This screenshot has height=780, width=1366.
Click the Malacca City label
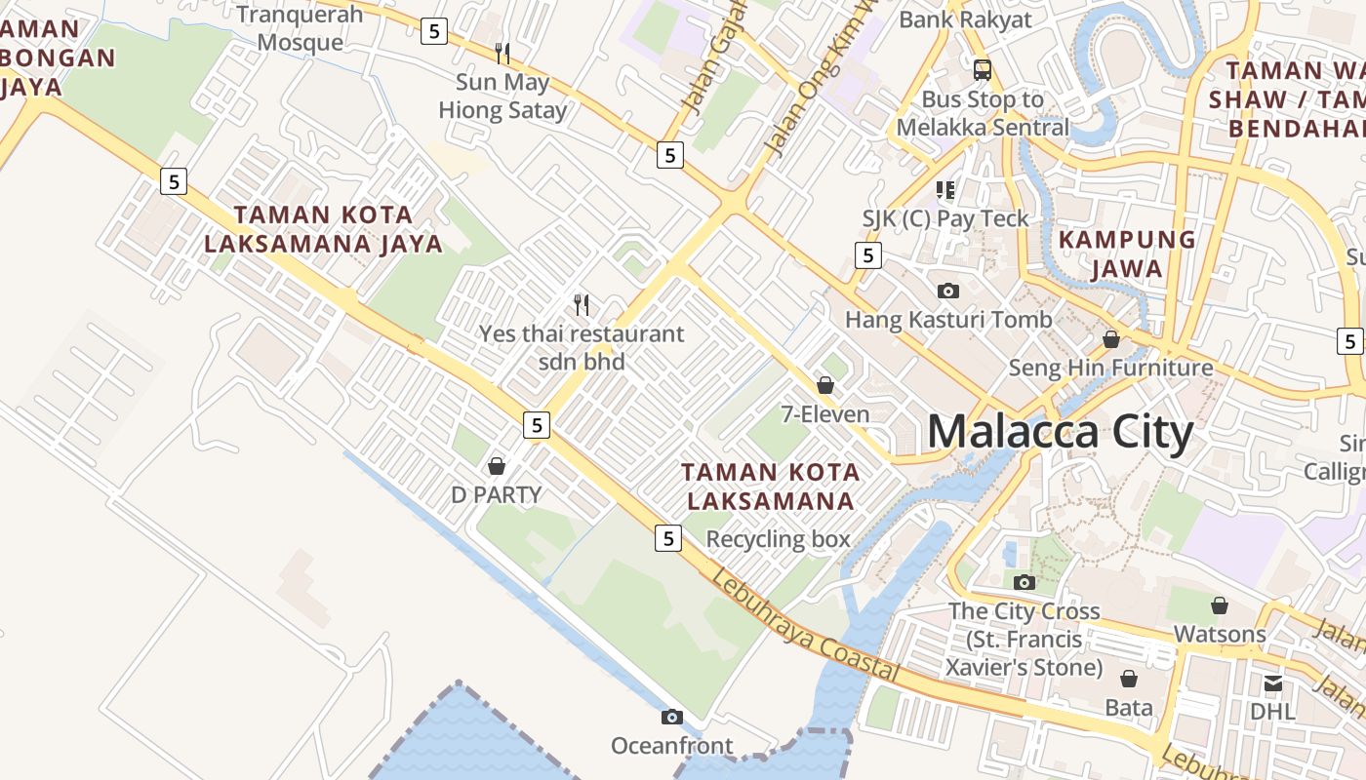point(1060,432)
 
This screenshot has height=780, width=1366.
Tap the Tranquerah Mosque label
point(301,28)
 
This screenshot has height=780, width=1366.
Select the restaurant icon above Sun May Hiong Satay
point(502,53)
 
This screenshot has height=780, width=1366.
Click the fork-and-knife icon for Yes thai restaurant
point(582,305)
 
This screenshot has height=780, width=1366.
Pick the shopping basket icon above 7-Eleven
point(825,385)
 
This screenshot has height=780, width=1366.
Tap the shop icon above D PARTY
point(497,466)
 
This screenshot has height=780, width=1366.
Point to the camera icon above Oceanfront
point(671,718)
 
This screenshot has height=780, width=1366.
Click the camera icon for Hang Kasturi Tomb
point(947,291)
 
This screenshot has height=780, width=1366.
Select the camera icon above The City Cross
point(1024,582)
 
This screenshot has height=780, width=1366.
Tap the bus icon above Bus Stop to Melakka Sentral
point(983,70)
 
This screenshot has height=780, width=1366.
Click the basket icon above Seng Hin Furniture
point(1110,339)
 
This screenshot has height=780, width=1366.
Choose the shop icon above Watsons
point(1219,605)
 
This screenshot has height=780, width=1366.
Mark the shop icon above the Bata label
point(1129,679)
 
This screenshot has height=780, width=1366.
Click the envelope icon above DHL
point(1273,683)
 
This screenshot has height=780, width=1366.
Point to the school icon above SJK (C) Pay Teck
point(944,189)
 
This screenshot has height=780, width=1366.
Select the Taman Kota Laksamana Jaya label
point(323,229)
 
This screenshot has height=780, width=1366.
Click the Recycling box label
point(778,539)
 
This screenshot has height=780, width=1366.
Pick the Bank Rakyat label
point(965,19)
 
